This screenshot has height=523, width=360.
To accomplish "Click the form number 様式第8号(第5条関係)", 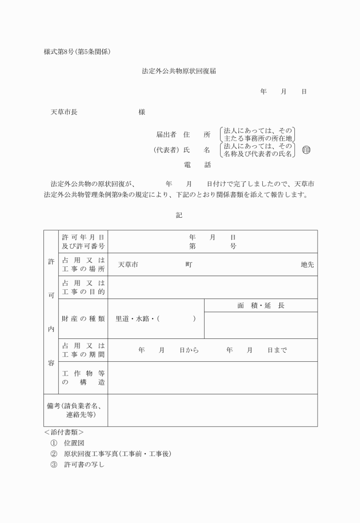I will [x=77, y=52].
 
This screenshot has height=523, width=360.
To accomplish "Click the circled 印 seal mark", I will [x=306, y=150].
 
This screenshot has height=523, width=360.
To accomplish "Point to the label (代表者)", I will [x=166, y=150].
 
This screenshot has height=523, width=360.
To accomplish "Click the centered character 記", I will [x=179, y=215].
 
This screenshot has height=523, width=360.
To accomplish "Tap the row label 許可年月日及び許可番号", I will [x=83, y=241].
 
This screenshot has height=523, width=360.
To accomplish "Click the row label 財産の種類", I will [x=83, y=318].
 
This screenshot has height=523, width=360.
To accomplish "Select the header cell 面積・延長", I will [x=261, y=305].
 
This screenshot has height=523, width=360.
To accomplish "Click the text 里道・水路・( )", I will [x=155, y=318].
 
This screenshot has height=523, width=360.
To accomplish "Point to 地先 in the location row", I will [x=307, y=265].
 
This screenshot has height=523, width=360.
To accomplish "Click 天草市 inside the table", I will [x=128, y=265].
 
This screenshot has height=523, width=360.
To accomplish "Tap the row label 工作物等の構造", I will [x=83, y=377].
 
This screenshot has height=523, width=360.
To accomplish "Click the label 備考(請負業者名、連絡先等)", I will [x=75, y=410].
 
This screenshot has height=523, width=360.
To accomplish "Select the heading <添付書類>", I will [x=64, y=432].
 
